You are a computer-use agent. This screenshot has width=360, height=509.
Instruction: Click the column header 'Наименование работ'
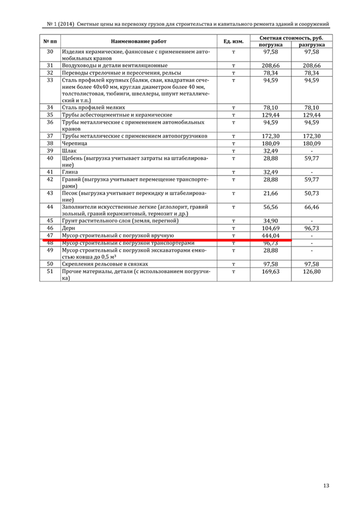[x=138, y=41]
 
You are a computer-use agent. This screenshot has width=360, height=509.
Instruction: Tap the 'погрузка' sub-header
[x=270, y=45]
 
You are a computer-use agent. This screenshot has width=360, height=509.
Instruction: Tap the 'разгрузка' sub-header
[x=312, y=45]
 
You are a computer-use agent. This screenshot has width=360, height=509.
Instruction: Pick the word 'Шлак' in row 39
[x=69, y=150]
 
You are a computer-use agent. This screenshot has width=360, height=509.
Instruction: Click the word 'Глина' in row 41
[x=70, y=172]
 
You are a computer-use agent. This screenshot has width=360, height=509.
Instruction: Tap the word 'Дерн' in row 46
[x=68, y=229]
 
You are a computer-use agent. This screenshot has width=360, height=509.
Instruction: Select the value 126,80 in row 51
[x=312, y=271]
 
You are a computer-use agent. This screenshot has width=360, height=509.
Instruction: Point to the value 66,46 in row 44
[x=312, y=207]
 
